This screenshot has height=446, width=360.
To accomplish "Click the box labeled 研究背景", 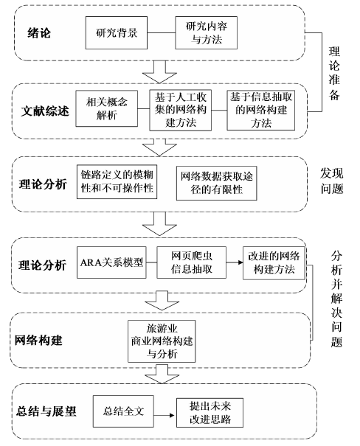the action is (117, 32).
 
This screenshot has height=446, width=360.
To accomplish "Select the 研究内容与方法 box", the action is (207, 32).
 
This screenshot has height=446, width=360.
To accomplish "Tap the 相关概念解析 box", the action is (107, 108).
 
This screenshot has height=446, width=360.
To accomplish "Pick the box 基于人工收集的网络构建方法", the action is (181, 110).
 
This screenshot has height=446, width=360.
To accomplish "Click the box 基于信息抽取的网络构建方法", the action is (260, 110).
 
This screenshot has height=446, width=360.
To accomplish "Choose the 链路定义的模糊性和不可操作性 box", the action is (117, 182).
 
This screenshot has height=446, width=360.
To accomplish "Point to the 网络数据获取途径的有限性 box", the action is (217, 183).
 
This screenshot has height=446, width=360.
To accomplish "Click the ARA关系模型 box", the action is (111, 262).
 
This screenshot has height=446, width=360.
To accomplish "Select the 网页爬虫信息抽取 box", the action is (192, 262).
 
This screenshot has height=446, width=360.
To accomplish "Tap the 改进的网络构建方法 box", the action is (274, 263).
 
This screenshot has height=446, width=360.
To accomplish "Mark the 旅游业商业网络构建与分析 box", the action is (162, 341).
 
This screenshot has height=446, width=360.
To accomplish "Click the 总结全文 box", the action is (123, 411).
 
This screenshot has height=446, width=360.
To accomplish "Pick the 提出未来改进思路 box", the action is (210, 413).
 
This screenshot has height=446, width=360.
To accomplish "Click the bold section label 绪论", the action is (39, 33).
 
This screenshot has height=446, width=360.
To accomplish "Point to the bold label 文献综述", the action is (45, 111).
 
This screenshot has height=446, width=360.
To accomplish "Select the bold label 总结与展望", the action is (46, 411).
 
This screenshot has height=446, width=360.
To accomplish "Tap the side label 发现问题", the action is (332, 181).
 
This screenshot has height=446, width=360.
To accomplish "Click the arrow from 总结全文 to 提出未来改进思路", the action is (165, 415).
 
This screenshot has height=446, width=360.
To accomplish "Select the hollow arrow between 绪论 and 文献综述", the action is (159, 72).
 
